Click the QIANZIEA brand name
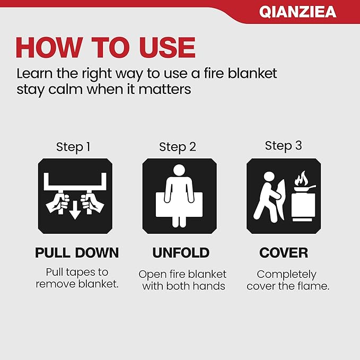tap(297, 12)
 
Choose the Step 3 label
tap(283, 146)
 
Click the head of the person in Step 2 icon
tap(179, 171)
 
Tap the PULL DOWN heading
tap(76, 253)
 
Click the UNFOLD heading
tap(181, 253)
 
